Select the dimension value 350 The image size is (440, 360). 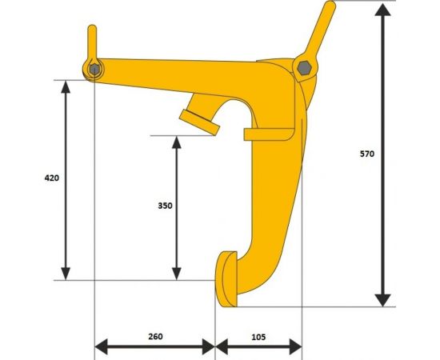click(x=165, y=206)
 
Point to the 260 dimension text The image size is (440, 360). click(x=155, y=336)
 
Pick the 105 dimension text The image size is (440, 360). click(x=257, y=336)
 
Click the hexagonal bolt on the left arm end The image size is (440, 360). click(x=94, y=70)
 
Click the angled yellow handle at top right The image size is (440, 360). click(x=321, y=32)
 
